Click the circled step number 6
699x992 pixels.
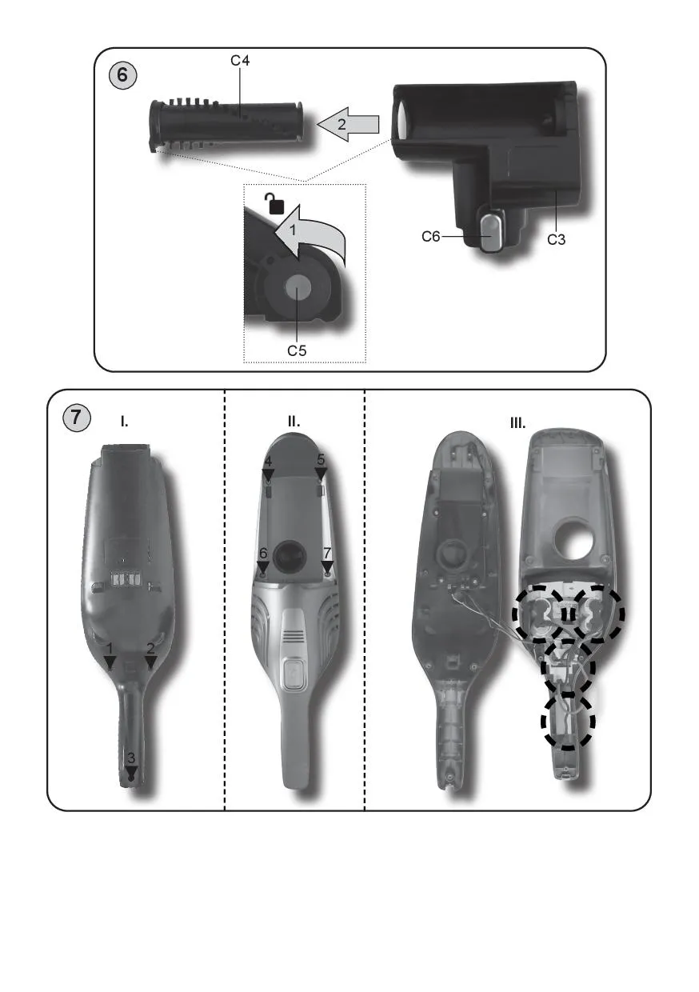click(122, 75)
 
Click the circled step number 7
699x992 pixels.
click(77, 418)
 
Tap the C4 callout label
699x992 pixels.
click(240, 61)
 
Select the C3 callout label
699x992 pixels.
click(556, 239)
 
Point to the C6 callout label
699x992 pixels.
click(431, 237)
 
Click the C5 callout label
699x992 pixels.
click(297, 350)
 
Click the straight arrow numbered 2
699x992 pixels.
click(349, 125)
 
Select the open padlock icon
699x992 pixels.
click(274, 204)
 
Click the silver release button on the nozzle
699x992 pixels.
click(491, 233)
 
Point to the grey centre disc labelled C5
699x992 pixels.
click(298, 288)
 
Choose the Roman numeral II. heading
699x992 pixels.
click(294, 422)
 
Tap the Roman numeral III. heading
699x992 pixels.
click(517, 423)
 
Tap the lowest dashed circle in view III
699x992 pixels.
click(568, 722)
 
